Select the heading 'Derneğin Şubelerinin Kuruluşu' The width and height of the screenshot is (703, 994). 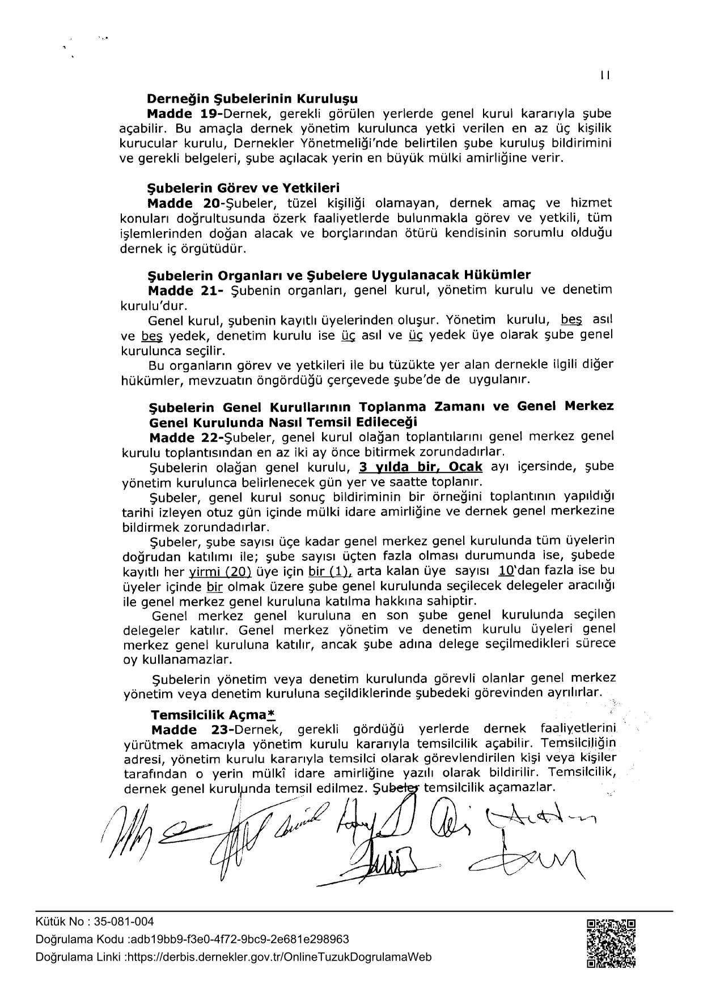252,99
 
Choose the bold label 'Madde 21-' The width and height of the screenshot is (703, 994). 185,291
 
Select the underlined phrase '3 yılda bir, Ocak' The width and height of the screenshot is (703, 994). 421,467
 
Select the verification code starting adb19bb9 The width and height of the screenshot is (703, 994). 239,939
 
